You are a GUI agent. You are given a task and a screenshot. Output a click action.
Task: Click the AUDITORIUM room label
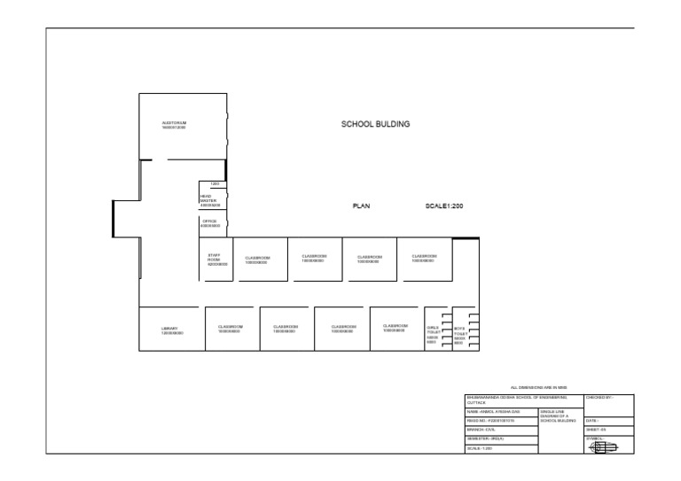coord(174,125)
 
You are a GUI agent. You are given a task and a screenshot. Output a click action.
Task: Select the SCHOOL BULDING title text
coord(376,125)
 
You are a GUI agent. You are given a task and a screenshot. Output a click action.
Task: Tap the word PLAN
coord(361,206)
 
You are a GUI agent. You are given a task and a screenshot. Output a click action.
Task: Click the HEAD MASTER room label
coord(208,201)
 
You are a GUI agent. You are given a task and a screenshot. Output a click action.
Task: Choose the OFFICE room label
coord(209,223)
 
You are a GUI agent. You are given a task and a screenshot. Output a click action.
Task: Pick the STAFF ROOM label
coord(216,260)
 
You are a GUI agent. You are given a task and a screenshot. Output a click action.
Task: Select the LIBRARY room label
coord(171,330)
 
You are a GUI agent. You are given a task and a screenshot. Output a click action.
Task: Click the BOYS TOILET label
coord(459,335)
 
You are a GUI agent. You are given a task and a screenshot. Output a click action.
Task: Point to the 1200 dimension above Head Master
coord(214,184)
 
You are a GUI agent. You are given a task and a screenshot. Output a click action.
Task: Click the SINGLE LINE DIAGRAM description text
coord(557,415)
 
